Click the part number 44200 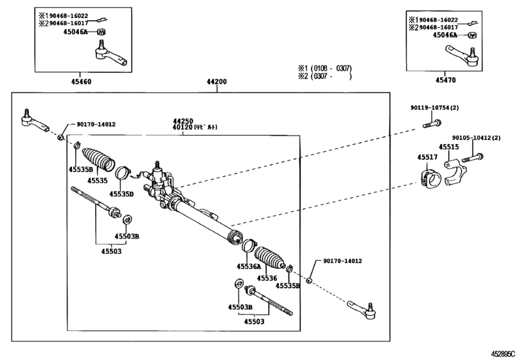tap(216, 82)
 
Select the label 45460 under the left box tap(81, 82)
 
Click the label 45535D tap(121, 194)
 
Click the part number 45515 tap(449, 147)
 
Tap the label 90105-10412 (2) tap(476, 138)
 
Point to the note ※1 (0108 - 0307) tap(324, 68)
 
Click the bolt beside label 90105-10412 tap(474, 157)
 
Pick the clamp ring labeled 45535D tap(122, 174)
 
